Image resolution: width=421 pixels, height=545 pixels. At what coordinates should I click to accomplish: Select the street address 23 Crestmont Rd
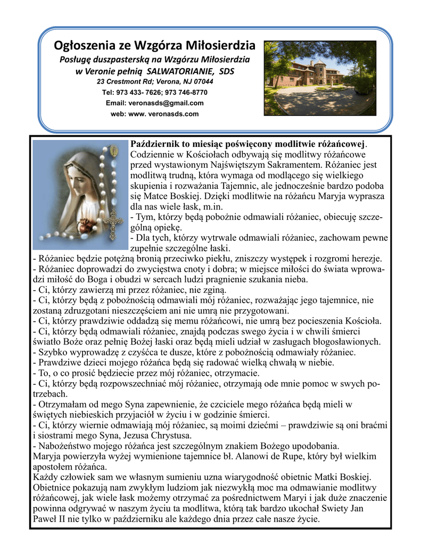click(127, 81)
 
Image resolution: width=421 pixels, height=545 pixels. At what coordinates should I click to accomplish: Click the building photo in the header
click(320, 78)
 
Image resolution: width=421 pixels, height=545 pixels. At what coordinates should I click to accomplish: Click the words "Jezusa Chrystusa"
click(143, 435)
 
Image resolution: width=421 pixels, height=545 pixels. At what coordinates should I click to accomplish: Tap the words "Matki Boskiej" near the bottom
click(345, 477)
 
